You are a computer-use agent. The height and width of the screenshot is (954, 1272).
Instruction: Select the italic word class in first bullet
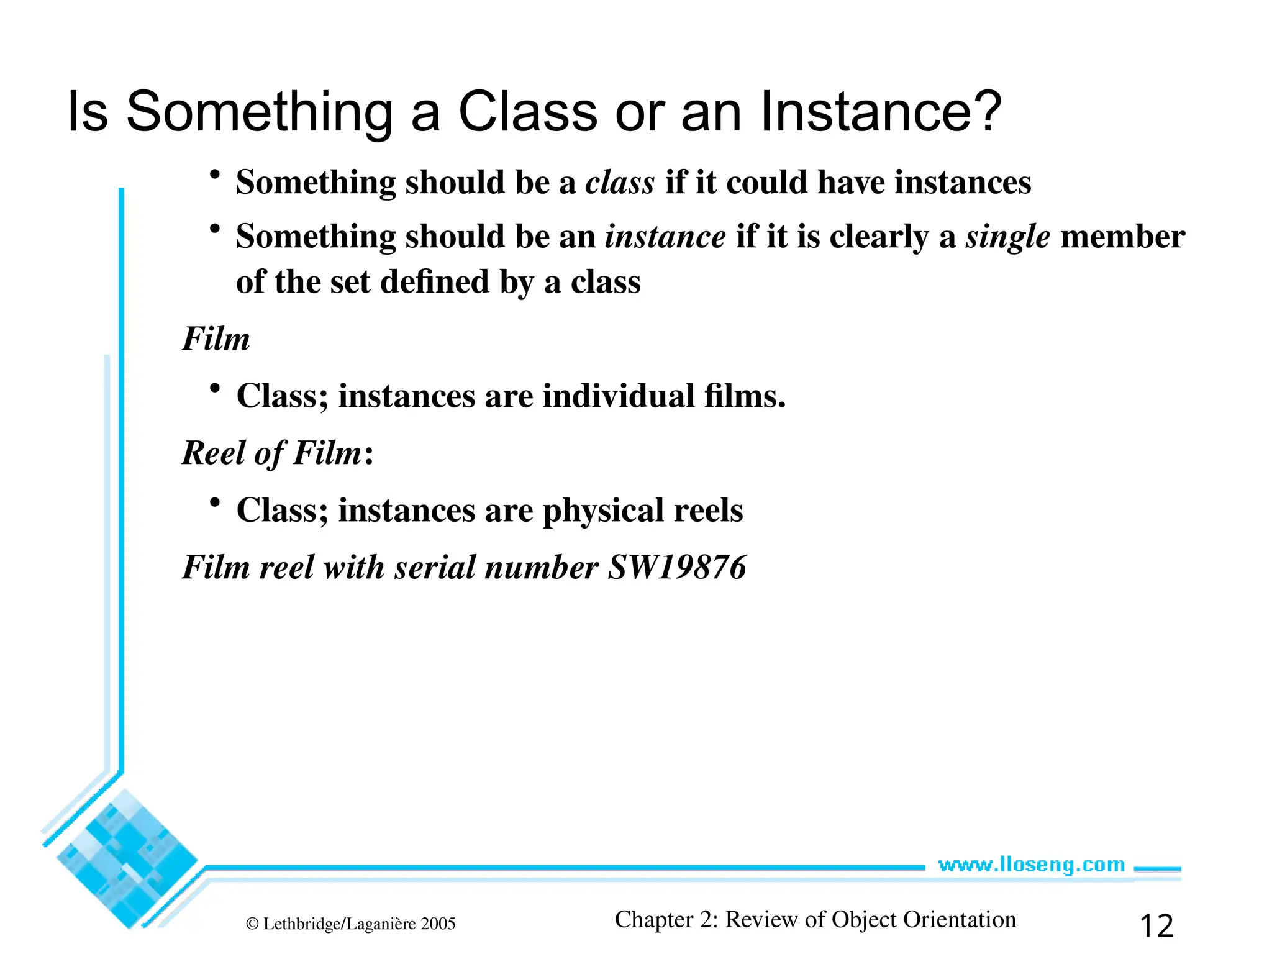pyautogui.click(x=620, y=183)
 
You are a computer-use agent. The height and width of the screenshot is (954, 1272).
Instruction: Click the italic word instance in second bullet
pyautogui.click(x=665, y=237)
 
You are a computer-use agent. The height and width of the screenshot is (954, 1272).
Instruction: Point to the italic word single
pyautogui.click(x=1007, y=237)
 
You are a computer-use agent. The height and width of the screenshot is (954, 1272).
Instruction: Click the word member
pyautogui.click(x=1122, y=237)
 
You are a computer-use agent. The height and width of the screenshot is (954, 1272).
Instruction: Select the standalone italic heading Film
pyautogui.click(x=216, y=339)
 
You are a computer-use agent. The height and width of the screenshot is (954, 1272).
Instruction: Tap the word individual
pyautogui.click(x=618, y=396)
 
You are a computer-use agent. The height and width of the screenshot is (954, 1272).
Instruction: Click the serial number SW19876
pyautogui.click(x=676, y=567)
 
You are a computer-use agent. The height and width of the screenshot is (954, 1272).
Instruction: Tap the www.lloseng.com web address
pyautogui.click(x=1031, y=865)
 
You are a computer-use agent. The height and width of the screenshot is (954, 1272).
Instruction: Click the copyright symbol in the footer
pyautogui.click(x=252, y=924)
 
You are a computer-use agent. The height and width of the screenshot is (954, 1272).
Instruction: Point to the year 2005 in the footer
pyautogui.click(x=438, y=924)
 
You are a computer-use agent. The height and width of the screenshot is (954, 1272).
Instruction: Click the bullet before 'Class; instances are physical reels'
pyautogui.click(x=215, y=502)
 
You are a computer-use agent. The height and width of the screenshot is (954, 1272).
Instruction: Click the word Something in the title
pyautogui.click(x=260, y=112)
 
